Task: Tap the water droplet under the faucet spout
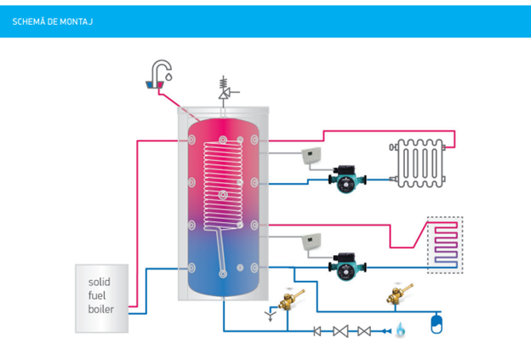point(169,77)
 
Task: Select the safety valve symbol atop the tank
point(224,89)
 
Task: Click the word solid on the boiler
point(99,282)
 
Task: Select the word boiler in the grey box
point(101,309)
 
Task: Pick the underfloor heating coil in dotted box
point(444,243)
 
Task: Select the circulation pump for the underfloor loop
point(347,265)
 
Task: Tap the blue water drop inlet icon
point(400,329)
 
